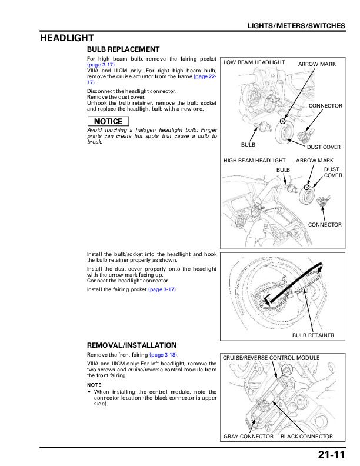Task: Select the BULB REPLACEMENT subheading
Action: click(123, 49)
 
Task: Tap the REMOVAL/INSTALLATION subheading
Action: click(132, 345)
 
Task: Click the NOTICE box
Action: click(107, 122)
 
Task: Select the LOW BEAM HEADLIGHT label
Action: click(254, 62)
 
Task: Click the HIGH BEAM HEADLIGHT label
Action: click(254, 160)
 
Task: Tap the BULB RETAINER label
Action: click(313, 335)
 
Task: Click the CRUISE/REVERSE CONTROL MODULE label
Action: click(271, 357)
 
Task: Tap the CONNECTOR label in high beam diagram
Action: click(325, 225)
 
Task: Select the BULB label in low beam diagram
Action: click(248, 144)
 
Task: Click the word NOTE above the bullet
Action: click(94, 384)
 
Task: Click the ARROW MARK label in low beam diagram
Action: click(316, 63)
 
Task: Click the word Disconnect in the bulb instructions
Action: click(99, 92)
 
